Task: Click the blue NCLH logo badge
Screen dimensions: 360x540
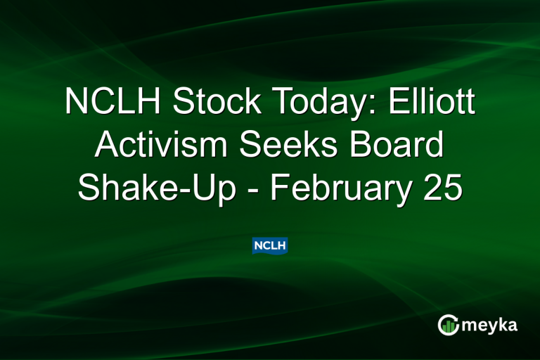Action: [270, 245]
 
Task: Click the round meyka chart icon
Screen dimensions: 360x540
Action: [448, 324]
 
